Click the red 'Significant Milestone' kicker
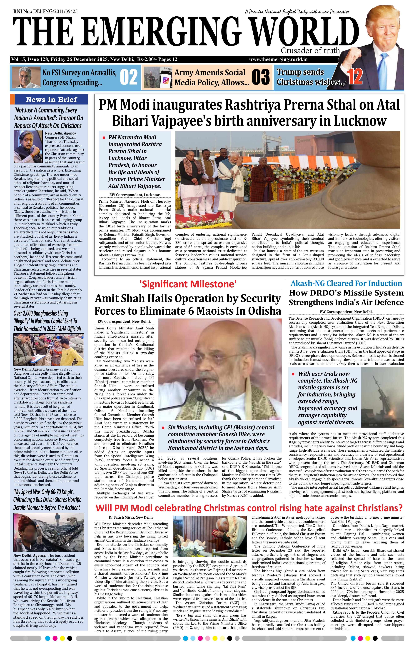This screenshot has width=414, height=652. click(x=188, y=284)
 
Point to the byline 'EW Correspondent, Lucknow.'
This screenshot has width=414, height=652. click(x=135, y=195)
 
